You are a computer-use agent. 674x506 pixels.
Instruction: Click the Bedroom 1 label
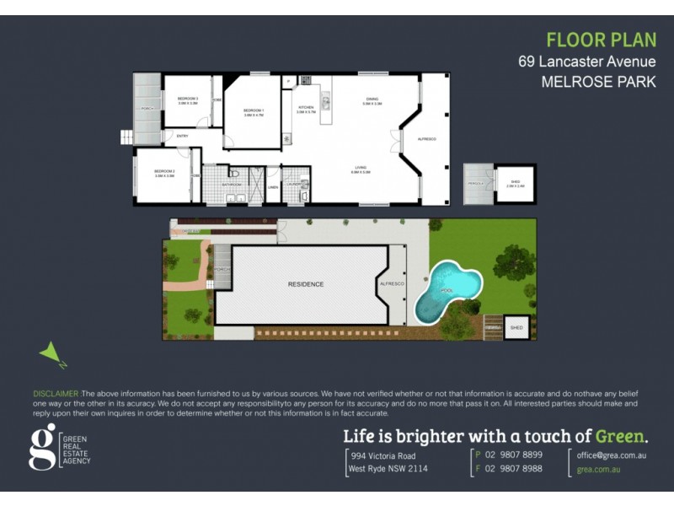254,110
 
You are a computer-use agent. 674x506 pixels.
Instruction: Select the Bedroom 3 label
187,100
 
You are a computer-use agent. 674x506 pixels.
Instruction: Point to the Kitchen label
306,108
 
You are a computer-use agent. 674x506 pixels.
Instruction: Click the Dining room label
372,100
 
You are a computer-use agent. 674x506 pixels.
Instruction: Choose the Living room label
360,169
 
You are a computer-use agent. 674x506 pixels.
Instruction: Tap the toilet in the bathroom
234,174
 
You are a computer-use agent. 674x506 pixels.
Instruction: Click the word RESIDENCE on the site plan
306,284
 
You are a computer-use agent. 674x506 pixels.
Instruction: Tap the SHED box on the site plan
517,327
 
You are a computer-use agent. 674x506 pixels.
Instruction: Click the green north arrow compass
51,355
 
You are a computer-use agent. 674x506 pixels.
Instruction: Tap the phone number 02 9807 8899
512,455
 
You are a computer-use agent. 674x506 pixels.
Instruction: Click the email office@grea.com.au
611,455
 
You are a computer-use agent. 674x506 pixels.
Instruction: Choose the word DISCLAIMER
56,394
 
